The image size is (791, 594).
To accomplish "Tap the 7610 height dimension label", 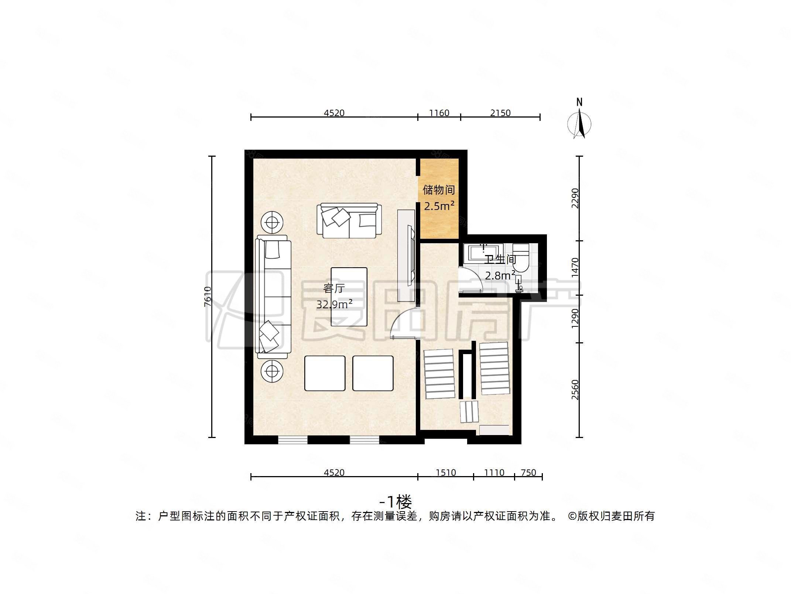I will coord(208,296).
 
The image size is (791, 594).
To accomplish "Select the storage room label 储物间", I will coord(438,190).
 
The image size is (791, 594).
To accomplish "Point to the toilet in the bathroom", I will coord(521,259).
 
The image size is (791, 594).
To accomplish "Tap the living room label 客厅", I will coord(333,288).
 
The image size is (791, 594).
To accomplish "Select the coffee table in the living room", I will coord(349,297).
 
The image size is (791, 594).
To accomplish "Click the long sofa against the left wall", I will coord(273,297).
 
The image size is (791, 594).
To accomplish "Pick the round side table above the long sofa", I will coord(272,223).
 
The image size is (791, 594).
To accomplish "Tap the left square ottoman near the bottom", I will coord(325,373).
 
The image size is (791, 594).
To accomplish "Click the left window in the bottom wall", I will coord(292,440).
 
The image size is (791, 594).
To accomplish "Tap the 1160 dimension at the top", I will coord(439,113).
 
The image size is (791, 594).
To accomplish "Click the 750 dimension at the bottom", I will coord(528,473).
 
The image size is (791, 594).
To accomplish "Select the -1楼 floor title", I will coord(395,502).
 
